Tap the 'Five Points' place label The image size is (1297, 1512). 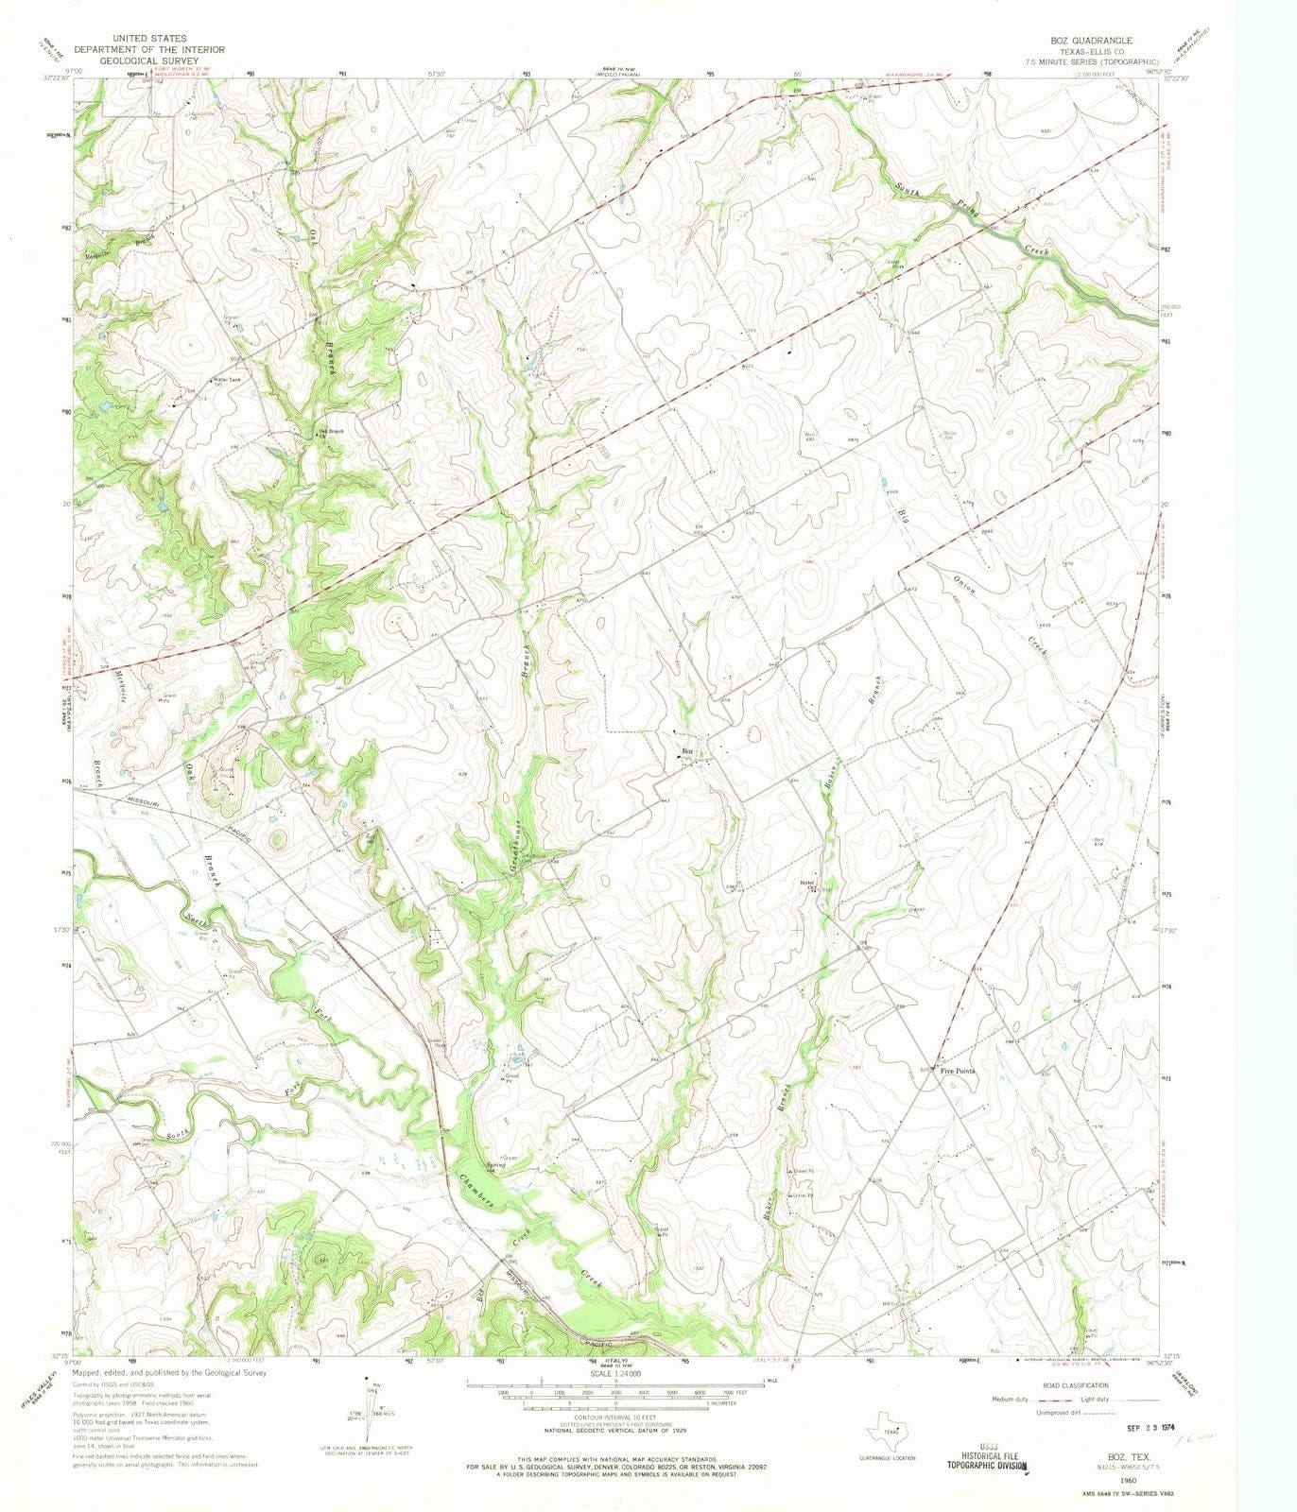[x=957, y=1071]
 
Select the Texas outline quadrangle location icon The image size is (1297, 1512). [x=887, y=1423]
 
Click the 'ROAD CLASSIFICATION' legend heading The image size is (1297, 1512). [x=1074, y=1385]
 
